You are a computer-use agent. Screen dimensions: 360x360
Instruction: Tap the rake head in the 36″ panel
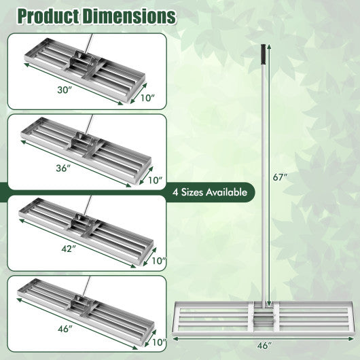tap(85, 146)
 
